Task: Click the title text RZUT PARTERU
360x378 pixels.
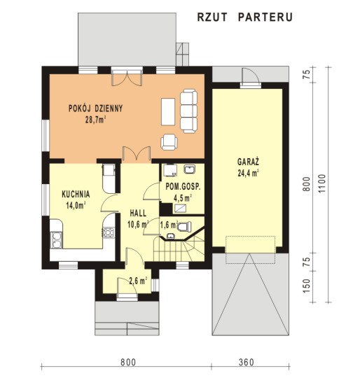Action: pyautogui.click(x=244, y=17)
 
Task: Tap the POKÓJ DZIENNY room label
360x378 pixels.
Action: pyautogui.click(x=96, y=108)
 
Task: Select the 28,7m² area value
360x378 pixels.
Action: pyautogui.click(x=95, y=120)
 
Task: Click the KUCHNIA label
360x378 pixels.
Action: pyautogui.click(x=76, y=195)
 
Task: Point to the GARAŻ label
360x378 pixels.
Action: pyautogui.click(x=248, y=162)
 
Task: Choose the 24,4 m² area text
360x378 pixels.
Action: pyautogui.click(x=248, y=174)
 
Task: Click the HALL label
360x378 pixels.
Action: pyautogui.click(x=138, y=213)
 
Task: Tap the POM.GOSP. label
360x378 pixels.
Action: pyautogui.click(x=183, y=187)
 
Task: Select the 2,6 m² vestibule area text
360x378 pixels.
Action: pyautogui.click(x=138, y=281)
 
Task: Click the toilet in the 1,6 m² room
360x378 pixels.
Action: pyautogui.click(x=185, y=227)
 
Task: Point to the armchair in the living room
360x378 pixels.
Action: pyautogui.click(x=169, y=142)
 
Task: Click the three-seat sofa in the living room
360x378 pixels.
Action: pyautogui.click(x=188, y=111)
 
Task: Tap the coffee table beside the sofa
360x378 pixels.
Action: pyautogui.click(x=168, y=111)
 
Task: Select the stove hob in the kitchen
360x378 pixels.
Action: pyautogui.click(x=109, y=232)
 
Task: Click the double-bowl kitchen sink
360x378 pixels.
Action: pyautogui.click(x=56, y=240)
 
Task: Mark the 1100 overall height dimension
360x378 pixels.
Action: pyautogui.click(x=321, y=183)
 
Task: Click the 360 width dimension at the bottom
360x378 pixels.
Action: pyautogui.click(x=247, y=363)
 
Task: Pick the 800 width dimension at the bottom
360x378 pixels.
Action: pyautogui.click(x=128, y=363)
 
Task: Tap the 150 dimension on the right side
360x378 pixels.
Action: pyautogui.click(x=306, y=286)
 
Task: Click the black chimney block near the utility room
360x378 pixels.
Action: pyautogui.click(x=165, y=209)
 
